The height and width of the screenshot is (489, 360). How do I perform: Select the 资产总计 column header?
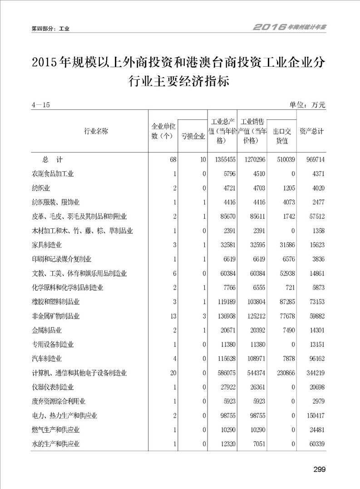pos(312,132)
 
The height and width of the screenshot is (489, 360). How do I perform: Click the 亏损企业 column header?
pos(192,136)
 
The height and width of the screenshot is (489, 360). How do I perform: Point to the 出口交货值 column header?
pos(282,136)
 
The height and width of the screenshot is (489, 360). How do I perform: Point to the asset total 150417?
pos(313,415)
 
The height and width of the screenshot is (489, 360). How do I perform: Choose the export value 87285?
pos(283,302)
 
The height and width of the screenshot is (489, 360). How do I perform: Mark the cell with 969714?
pos(313,160)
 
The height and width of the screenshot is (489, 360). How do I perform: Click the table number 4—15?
pos(40,105)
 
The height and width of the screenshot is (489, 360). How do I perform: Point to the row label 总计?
pos(52,160)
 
